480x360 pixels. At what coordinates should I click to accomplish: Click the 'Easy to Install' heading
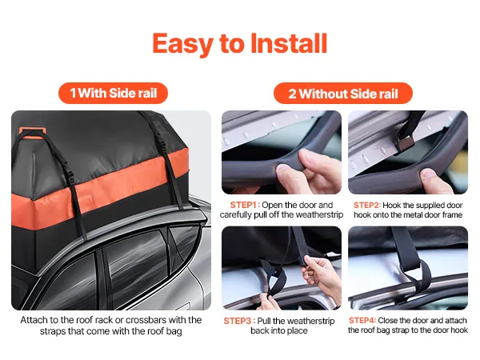click(x=240, y=44)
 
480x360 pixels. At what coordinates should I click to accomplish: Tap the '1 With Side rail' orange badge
click(x=113, y=93)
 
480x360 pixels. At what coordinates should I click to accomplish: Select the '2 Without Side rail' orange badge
click(x=343, y=94)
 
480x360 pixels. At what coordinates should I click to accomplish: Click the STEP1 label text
click(x=245, y=205)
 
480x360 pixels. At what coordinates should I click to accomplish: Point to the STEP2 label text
click(x=367, y=205)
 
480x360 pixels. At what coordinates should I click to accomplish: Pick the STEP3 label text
click(x=239, y=321)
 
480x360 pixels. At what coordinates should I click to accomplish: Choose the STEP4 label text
click(x=362, y=320)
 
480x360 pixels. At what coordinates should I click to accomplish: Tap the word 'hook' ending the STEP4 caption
click(x=459, y=330)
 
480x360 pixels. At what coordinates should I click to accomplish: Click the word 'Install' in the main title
click(x=289, y=43)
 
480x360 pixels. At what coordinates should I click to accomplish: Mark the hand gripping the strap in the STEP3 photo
click(x=322, y=275)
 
